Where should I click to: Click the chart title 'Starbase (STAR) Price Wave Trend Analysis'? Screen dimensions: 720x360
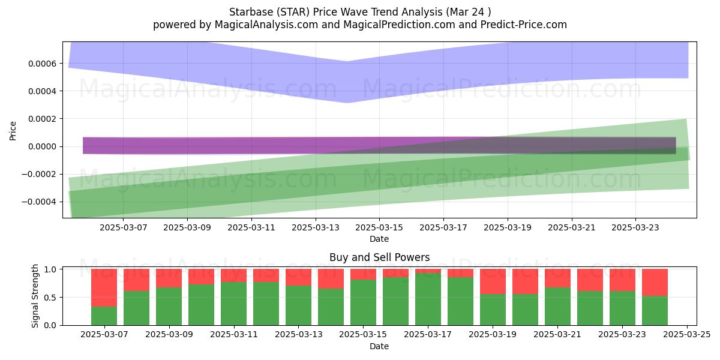[x=335, y=12]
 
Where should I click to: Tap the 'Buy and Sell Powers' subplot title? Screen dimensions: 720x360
[x=379, y=257]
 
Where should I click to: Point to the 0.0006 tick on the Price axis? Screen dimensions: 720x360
[x=43, y=64]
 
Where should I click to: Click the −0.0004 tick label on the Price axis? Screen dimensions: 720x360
[x=39, y=202]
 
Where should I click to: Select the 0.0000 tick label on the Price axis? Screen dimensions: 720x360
[x=43, y=146]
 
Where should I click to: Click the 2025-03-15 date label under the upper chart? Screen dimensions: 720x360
[x=379, y=227]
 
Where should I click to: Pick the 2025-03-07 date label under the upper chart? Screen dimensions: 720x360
[x=124, y=227]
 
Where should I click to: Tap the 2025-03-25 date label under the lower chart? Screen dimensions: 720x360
[x=687, y=335]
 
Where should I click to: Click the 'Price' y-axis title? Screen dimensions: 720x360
[x=13, y=131]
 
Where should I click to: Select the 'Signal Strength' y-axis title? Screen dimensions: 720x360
[x=35, y=296]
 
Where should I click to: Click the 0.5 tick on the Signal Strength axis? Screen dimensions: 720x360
[x=50, y=298]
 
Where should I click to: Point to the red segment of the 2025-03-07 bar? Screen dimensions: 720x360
[x=104, y=288]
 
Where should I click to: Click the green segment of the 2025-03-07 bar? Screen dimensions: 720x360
[x=104, y=316]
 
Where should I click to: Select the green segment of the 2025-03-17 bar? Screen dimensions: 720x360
[x=428, y=299]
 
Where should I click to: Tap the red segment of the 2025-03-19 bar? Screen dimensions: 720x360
[x=493, y=281]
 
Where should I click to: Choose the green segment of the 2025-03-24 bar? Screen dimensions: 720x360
[x=655, y=311]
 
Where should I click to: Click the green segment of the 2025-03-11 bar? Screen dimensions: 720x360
[x=233, y=304]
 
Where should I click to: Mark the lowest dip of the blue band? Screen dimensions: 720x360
[x=347, y=103]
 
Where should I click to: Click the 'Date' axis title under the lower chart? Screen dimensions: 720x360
[x=379, y=346]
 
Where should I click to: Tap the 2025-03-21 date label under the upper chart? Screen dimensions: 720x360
[x=571, y=227]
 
